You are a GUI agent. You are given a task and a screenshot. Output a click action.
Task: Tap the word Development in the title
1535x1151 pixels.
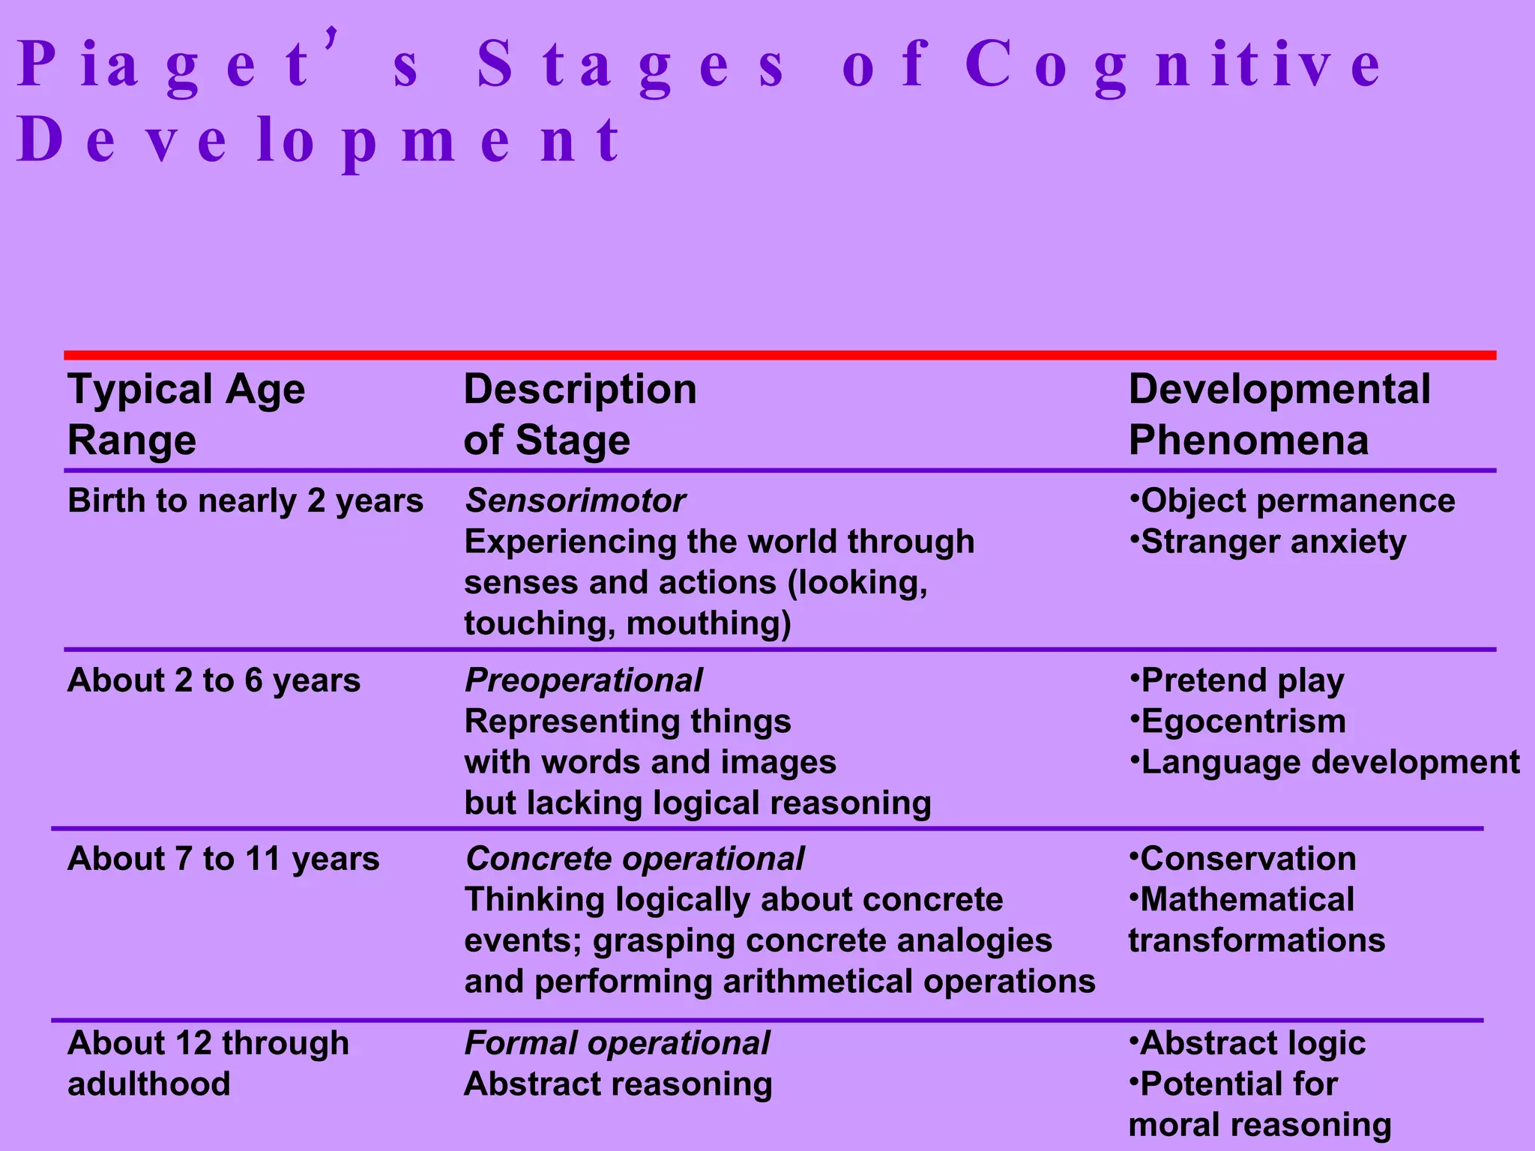[319, 141]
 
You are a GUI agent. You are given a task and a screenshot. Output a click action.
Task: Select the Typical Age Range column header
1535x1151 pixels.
[186, 414]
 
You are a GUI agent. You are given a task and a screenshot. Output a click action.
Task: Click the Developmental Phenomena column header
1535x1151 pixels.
[1279, 414]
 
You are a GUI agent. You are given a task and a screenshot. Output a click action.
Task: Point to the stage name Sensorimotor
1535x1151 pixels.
[575, 501]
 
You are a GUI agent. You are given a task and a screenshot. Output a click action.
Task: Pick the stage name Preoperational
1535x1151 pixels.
[583, 680]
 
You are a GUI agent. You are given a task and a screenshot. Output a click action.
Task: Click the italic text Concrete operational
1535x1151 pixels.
[634, 859]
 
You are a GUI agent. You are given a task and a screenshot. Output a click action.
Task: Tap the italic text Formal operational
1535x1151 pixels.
[617, 1043]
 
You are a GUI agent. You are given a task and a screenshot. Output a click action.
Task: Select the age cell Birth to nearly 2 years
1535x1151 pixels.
[245, 501]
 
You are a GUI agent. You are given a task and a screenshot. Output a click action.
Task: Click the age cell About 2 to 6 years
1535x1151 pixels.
[214, 680]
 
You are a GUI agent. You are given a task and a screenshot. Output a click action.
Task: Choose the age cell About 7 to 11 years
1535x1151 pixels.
[223, 859]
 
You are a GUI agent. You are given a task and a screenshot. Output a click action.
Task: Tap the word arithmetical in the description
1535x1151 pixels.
[817, 982]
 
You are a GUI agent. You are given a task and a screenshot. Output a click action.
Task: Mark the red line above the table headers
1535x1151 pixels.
[779, 355]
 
